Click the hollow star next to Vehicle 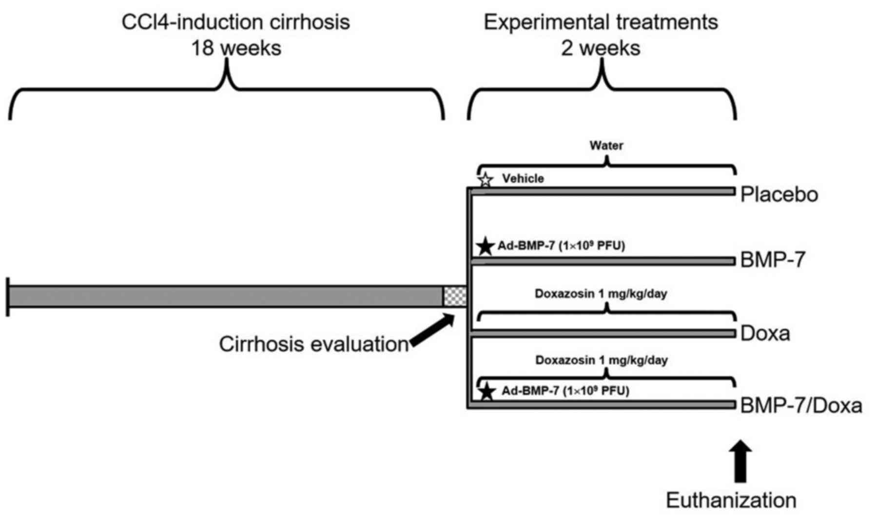click(485, 180)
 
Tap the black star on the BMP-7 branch click(485, 246)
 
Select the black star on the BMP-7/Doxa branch click(486, 391)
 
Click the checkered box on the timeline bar click(454, 296)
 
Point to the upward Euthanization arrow click(740, 460)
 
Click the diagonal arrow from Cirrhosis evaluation click(432, 330)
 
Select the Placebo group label click(779, 194)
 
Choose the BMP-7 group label click(773, 260)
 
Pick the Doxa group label click(765, 333)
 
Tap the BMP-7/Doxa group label click(801, 405)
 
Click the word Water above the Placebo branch click(606, 145)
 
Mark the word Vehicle click(523, 178)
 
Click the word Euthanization click(731, 500)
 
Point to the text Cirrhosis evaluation click(313, 344)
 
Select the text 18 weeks click(236, 48)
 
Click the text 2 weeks click(601, 48)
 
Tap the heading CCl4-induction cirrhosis click(236, 22)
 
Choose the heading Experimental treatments click(601, 22)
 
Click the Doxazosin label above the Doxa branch click(601, 294)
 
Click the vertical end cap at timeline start click(8, 297)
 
